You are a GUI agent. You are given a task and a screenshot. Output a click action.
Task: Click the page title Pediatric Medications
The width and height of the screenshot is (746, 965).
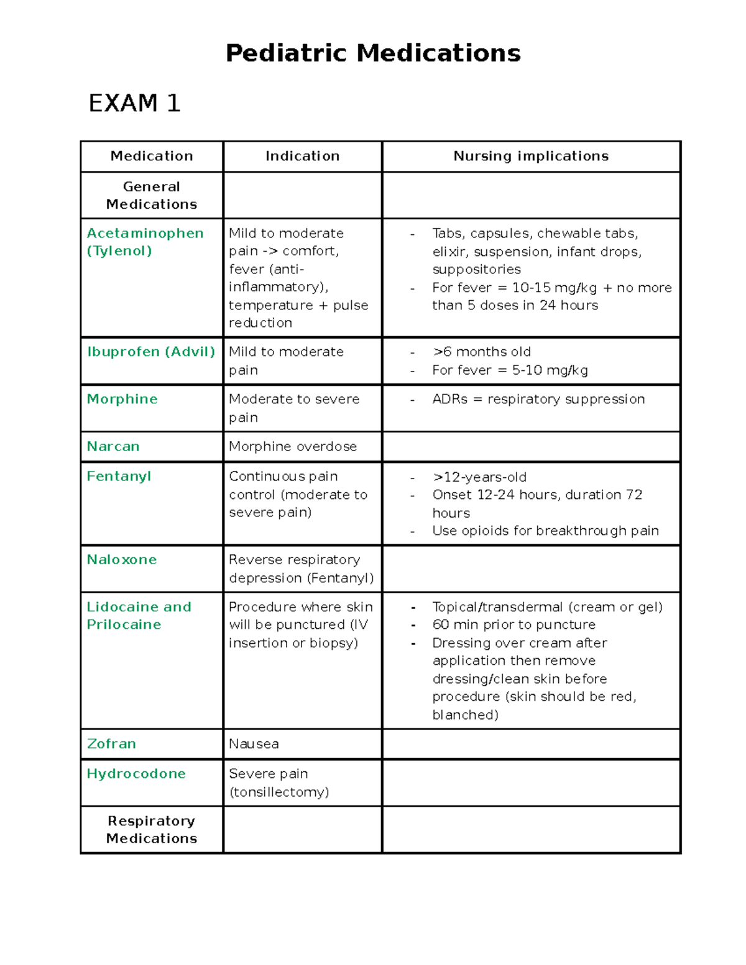pos(373,53)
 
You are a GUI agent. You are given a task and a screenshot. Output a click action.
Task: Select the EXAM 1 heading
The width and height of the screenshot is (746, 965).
pos(134,103)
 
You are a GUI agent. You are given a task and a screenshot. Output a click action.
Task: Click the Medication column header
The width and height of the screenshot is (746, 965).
pos(152,156)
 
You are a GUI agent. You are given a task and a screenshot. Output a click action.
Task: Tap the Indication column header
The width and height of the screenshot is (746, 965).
pos(302,156)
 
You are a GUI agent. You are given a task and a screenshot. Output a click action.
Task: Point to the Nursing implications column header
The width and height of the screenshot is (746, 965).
pos(531,156)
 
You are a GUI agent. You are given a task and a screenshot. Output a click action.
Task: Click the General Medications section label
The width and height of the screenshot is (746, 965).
pos(152,195)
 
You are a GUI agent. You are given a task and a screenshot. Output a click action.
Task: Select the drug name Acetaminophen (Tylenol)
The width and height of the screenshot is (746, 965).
pos(145,242)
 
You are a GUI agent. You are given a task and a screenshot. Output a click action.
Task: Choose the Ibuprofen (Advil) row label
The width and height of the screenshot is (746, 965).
pos(151,352)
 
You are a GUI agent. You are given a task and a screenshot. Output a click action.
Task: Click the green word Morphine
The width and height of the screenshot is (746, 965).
pos(122,399)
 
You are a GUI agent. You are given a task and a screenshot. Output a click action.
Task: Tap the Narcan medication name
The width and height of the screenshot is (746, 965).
pos(113,446)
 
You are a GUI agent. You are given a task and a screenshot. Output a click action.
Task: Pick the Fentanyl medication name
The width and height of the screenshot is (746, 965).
pos(119,476)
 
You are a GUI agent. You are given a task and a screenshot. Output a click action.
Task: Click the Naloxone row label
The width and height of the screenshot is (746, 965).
pos(121,559)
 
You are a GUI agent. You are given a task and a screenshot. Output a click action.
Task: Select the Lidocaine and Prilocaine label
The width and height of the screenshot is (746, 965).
pos(139,615)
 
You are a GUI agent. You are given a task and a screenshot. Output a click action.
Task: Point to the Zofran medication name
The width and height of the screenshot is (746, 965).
pos(111,744)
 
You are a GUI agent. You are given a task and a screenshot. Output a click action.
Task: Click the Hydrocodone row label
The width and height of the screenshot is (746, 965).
pos(136,774)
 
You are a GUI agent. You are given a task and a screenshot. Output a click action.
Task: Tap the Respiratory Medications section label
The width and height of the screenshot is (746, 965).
pos(152,830)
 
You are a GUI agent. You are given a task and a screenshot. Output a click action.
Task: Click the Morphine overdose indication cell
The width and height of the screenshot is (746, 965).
pos(292,446)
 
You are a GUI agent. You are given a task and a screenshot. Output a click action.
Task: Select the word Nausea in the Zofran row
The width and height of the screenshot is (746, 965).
pos(254,744)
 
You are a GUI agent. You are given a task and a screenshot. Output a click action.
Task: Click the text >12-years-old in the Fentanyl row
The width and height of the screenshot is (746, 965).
pos(479,477)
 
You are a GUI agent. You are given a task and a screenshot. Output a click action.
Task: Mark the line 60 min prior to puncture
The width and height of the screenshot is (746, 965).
pos(513,624)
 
